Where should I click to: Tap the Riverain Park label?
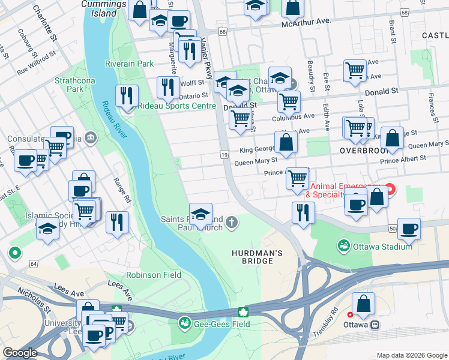click(129, 64)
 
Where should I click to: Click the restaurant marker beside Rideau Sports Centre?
click(127, 96)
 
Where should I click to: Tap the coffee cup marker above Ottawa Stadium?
click(409, 228)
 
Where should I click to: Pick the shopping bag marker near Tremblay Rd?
click(363, 303)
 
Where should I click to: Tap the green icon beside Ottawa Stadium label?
click(343, 246)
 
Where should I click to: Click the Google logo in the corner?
click(20, 353)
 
